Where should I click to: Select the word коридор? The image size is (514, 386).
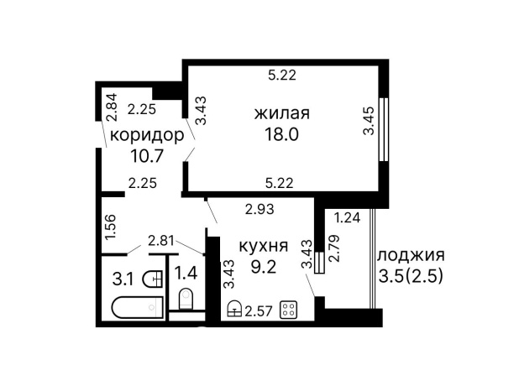pyautogui.click(x=146, y=135)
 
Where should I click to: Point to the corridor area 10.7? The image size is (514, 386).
pyautogui.click(x=146, y=155)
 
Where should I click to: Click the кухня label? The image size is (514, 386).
pyautogui.click(x=265, y=247)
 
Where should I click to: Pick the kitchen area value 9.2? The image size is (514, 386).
pyautogui.click(x=265, y=269)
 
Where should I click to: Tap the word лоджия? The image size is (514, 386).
pyautogui.click(x=411, y=255)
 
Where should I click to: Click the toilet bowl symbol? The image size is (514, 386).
pyautogui.click(x=186, y=299)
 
